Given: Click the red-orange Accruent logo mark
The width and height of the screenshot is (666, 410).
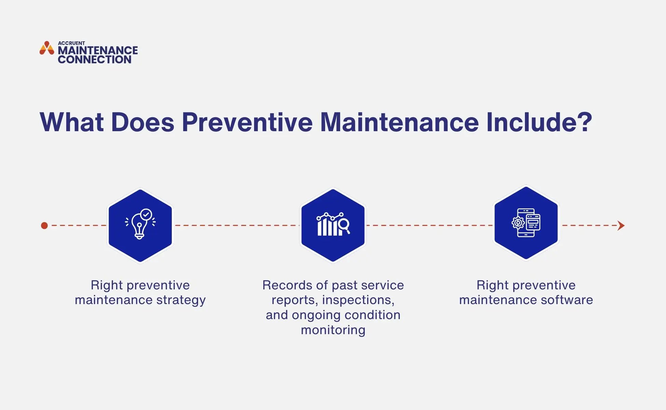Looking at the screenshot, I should (x=47, y=48).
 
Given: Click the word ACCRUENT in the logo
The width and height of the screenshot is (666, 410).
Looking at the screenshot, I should (x=71, y=43).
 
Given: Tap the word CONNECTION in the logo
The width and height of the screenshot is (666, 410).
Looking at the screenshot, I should (x=95, y=59).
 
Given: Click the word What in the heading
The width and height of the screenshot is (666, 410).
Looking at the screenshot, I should (x=72, y=122).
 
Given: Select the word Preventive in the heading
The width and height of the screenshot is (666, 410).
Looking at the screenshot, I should (x=247, y=122).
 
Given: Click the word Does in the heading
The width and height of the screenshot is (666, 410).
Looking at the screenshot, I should (x=143, y=122).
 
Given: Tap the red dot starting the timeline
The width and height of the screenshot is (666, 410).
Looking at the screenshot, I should (x=44, y=225).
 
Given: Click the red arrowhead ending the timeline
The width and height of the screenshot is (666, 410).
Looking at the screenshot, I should (x=621, y=225).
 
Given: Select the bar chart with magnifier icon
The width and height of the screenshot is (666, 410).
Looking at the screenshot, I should (x=333, y=224).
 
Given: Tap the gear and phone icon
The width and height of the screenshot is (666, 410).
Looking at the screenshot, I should (x=526, y=223).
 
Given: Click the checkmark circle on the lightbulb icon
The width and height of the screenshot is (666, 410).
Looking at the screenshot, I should (x=146, y=215).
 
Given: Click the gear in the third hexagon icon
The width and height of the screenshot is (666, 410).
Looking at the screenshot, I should (x=518, y=223).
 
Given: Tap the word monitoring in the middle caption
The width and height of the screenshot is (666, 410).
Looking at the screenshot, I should (x=333, y=330).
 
